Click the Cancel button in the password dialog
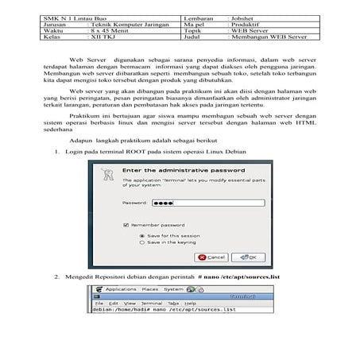(x=213, y=257)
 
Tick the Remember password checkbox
(x=127, y=226)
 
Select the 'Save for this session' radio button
(x=141, y=236)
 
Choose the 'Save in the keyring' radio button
(x=141, y=243)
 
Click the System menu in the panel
(x=174, y=289)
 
